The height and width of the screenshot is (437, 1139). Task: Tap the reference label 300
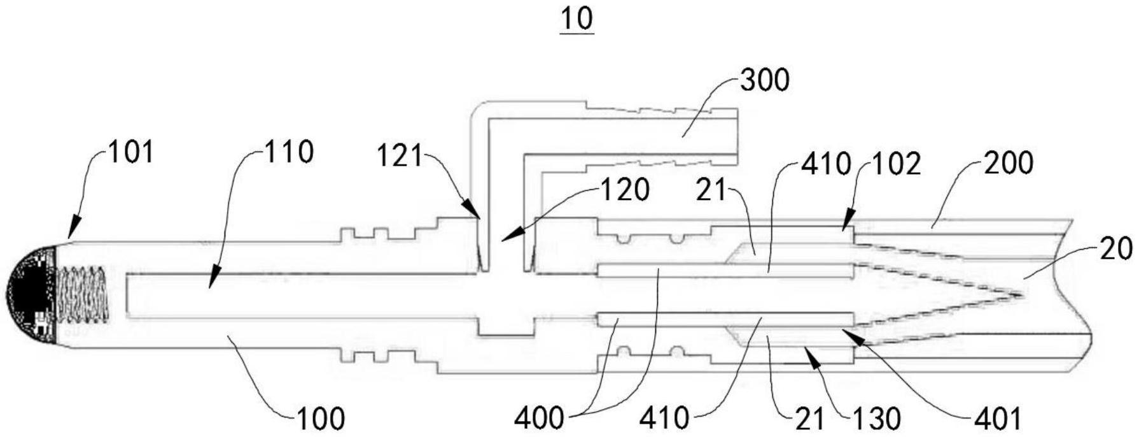pyautogui.click(x=764, y=81)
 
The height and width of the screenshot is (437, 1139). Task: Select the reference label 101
pyautogui.click(x=130, y=153)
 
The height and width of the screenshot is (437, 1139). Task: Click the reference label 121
pyautogui.click(x=400, y=156)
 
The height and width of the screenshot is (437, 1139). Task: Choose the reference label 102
pyautogui.click(x=897, y=165)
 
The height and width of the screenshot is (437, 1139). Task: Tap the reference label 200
pyautogui.click(x=1009, y=164)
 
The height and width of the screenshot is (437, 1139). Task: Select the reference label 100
pyautogui.click(x=320, y=419)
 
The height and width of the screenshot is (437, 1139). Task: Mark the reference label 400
pyautogui.click(x=539, y=419)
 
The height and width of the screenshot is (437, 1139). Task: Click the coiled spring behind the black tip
pyautogui.click(x=82, y=294)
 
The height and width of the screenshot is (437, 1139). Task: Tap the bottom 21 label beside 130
pyautogui.click(x=809, y=419)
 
